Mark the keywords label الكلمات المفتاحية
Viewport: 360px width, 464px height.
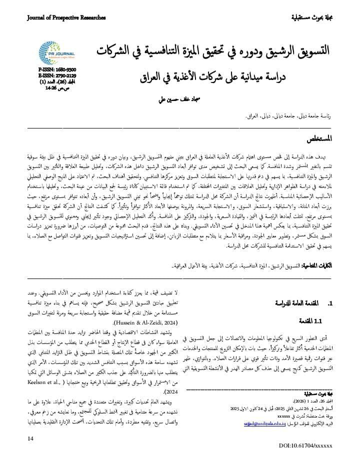click(318, 264)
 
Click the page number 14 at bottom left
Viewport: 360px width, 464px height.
click(31, 438)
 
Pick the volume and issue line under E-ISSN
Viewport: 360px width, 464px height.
click(57, 81)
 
